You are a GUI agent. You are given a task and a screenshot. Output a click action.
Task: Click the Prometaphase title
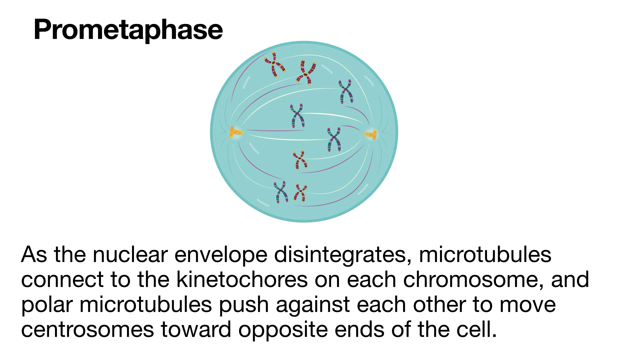point(128,30)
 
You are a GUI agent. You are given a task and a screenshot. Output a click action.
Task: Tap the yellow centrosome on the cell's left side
point(236,133)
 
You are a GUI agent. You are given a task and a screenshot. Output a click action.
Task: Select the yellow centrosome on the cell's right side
point(371,134)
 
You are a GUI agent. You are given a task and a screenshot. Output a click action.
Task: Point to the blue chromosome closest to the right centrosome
point(334,139)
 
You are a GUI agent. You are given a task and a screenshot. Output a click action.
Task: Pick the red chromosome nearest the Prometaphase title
point(275,64)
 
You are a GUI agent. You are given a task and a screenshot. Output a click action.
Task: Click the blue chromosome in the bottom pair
point(281,192)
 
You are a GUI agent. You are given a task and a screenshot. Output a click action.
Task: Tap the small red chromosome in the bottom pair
point(300,193)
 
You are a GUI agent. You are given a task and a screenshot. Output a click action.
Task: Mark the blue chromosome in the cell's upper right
point(346,91)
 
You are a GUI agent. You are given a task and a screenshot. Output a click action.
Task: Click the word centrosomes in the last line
point(88,330)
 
